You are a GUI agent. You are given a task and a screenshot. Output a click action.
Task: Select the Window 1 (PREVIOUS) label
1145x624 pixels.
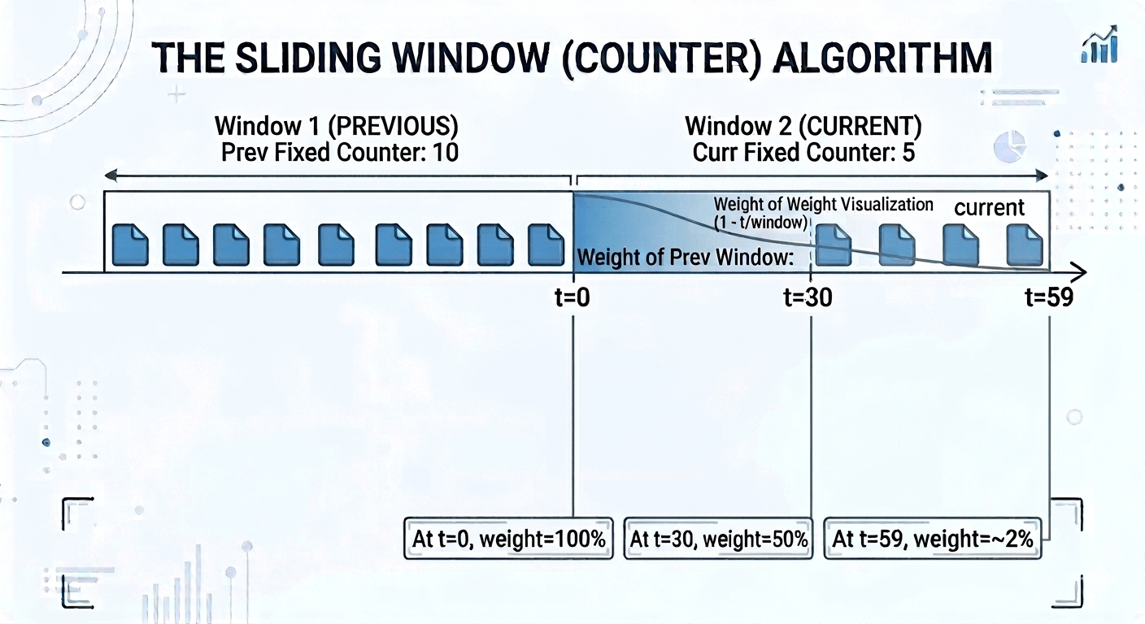click(x=336, y=127)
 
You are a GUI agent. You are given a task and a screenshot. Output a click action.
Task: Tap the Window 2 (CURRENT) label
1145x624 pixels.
click(x=803, y=127)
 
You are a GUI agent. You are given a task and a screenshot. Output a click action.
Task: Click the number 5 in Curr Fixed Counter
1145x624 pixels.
click(x=908, y=152)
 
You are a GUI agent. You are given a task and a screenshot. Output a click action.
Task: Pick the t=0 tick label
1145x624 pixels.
click(x=573, y=298)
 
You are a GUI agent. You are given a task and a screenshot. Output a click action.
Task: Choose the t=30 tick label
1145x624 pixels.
click(x=808, y=298)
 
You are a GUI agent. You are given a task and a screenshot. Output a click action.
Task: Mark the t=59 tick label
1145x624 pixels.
click(x=1048, y=298)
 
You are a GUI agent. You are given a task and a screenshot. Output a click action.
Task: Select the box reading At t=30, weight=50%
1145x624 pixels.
click(x=719, y=538)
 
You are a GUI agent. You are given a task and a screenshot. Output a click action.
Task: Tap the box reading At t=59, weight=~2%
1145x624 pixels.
click(x=933, y=538)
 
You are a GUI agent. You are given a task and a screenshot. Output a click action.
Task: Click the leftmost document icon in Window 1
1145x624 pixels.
click(x=130, y=245)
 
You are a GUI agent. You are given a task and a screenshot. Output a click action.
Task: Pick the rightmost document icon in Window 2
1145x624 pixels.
click(x=1025, y=245)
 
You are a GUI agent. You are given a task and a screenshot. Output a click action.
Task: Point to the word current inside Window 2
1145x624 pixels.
click(x=989, y=208)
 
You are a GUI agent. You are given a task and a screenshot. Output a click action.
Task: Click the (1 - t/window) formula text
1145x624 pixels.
click(x=760, y=222)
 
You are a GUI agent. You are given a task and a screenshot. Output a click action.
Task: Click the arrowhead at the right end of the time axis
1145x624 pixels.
click(x=1080, y=272)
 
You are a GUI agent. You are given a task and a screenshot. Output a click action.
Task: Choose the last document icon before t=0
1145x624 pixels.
click(x=546, y=245)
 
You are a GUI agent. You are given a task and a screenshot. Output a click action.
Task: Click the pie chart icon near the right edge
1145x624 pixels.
click(x=1010, y=148)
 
